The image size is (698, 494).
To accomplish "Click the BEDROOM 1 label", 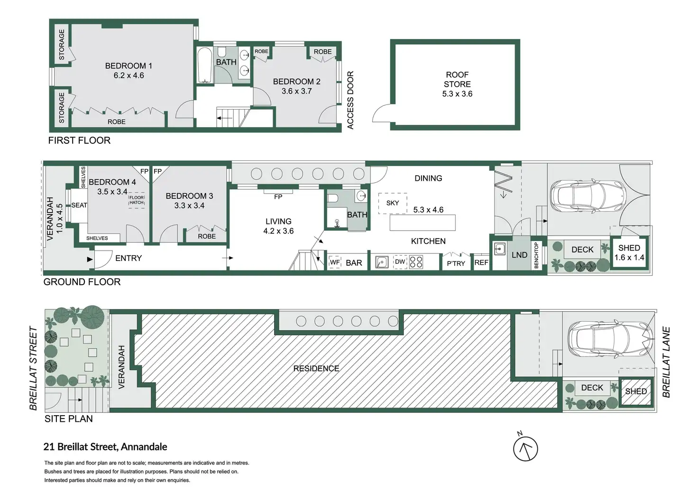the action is pyautogui.click(x=129, y=66).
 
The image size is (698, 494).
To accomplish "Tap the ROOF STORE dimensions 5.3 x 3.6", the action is pyautogui.click(x=457, y=94).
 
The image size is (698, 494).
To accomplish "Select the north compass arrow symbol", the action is pyautogui.click(x=525, y=448).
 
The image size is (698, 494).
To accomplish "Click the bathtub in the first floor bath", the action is pyautogui.click(x=205, y=65).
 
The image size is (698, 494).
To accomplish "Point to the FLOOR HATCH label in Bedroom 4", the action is pyautogui.click(x=137, y=200).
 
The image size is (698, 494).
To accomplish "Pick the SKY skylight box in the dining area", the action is pyautogui.click(x=393, y=203).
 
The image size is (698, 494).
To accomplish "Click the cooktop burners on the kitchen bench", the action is pyautogui.click(x=416, y=262).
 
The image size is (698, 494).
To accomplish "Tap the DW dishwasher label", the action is pyautogui.click(x=400, y=261).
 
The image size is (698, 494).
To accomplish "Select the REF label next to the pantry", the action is pyautogui.click(x=481, y=262).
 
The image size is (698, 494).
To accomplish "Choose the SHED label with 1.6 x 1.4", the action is pyautogui.click(x=629, y=248).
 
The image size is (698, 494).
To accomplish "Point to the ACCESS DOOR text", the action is pyautogui.click(x=350, y=100).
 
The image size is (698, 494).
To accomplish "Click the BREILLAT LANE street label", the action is pyautogui.click(x=666, y=362).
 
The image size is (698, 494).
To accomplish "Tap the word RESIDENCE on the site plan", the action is pyautogui.click(x=316, y=368).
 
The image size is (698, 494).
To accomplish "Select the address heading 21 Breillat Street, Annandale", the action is pyautogui.click(x=105, y=447).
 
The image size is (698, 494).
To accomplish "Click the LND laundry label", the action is pyautogui.click(x=519, y=255).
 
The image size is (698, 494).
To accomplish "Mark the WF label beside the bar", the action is pyautogui.click(x=335, y=262).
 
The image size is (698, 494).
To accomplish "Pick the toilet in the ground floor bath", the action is pyautogui.click(x=332, y=198).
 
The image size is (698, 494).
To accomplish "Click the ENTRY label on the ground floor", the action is pyautogui.click(x=129, y=258).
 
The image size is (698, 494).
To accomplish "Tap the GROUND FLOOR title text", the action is pyautogui.click(x=82, y=282).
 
